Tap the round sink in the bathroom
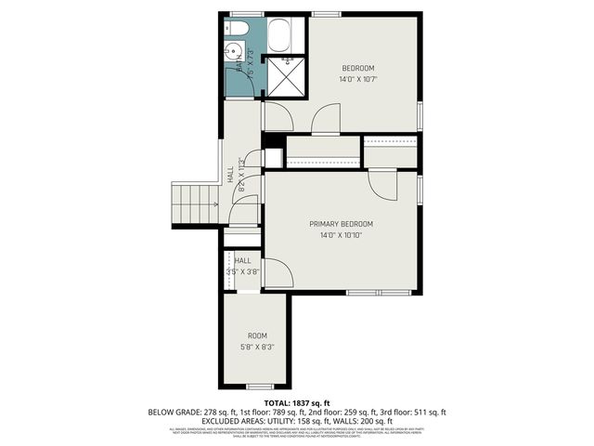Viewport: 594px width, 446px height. pos(232,53)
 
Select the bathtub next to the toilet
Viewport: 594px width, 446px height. pos(280,36)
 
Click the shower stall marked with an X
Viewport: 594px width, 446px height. pos(285,77)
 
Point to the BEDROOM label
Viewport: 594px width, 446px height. pos(357,68)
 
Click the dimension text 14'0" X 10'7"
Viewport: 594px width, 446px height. pos(357,79)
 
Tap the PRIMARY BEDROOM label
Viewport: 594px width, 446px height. pos(342,224)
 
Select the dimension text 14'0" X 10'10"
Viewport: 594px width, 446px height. pos(342,235)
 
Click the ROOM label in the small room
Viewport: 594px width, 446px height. pos(257,335)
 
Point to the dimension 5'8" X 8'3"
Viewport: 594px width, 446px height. pos(257,347)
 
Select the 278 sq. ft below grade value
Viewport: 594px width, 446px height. pos(212,412)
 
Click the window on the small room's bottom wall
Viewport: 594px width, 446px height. pos(259,386)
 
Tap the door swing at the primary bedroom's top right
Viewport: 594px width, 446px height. pos(382,184)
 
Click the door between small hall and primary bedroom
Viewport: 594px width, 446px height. pos(278,273)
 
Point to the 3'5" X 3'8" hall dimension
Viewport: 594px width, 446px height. pos(244,272)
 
